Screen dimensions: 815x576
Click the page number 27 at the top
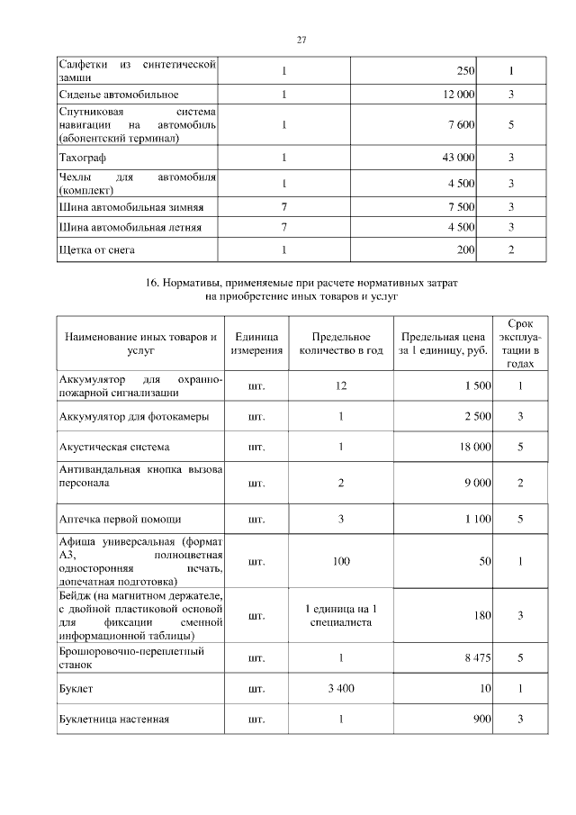coord(302,40)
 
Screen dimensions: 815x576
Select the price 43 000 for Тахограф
coord(457,158)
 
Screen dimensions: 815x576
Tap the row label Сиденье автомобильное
coord(119,94)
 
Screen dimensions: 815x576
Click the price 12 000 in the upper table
coord(458,94)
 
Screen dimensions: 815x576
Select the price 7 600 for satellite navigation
coord(461,125)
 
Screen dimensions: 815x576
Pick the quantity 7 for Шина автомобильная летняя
coord(284,227)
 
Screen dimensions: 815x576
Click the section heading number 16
coord(151,283)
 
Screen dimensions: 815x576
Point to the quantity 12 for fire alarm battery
coord(341,385)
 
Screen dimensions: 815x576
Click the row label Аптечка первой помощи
coord(120,520)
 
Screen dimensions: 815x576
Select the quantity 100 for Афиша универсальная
coord(341,561)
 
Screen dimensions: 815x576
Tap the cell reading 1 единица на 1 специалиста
coord(341,615)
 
